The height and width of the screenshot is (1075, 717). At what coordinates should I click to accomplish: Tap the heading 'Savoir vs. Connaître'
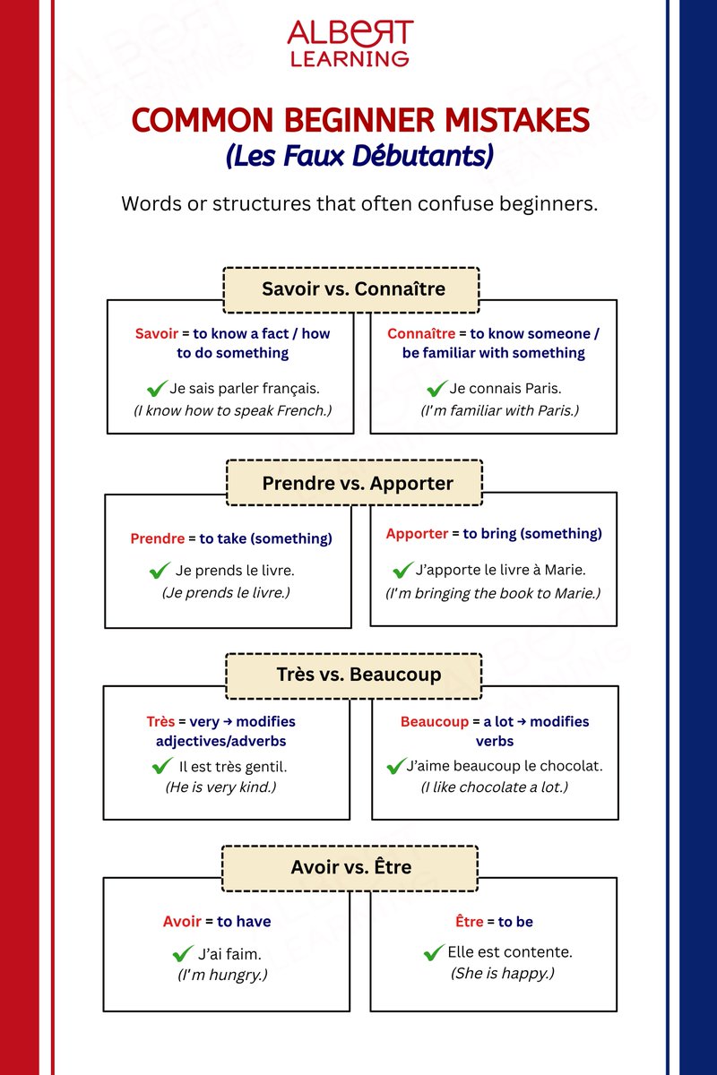pos(352,289)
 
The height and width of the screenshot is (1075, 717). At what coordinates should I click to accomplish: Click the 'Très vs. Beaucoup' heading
pos(353,675)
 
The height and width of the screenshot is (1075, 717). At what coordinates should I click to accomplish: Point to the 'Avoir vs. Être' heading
pos(350,867)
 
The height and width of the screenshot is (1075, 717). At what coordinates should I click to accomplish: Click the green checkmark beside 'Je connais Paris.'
pos(436,389)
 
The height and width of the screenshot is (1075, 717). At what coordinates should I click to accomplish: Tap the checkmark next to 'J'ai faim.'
pos(183,953)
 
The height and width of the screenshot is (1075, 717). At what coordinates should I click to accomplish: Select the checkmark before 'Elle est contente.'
pos(434,952)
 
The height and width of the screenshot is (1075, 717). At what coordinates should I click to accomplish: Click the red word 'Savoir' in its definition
pos(157,333)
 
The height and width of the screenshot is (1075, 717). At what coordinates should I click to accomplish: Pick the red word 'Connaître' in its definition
pos(417,333)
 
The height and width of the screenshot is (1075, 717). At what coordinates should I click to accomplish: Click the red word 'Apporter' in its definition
pos(417,534)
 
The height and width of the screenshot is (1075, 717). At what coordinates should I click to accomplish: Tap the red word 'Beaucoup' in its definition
pos(435,722)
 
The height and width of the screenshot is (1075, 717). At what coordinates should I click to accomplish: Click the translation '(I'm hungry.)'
pos(222,975)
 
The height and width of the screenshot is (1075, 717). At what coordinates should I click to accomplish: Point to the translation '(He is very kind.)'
pos(220,787)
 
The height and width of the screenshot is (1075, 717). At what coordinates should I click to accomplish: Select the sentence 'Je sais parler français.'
pos(244,389)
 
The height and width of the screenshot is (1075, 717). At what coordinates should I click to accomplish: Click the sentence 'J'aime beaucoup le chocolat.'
pos(505,766)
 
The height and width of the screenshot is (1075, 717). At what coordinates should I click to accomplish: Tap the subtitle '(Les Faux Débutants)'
pos(360,156)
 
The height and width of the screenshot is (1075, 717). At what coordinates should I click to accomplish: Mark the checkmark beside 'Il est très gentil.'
pos(162,766)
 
